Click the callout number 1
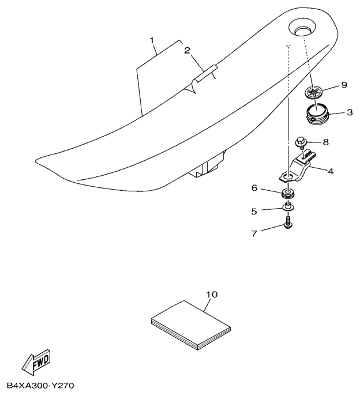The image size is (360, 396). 152,40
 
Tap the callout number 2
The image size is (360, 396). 187,51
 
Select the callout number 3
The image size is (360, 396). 350,112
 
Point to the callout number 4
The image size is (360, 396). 331,171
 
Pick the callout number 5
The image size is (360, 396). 254,212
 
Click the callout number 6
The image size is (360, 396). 254,188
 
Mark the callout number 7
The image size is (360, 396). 254,233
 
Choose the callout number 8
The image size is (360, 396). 326,142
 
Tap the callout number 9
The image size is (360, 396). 344,85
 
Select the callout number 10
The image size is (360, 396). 212,294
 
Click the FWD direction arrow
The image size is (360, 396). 36,362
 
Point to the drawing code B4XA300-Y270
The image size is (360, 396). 40,386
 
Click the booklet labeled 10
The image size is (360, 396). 191,325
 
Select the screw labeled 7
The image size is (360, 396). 288,222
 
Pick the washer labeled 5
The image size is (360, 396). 288,207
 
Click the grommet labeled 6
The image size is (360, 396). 288,193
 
